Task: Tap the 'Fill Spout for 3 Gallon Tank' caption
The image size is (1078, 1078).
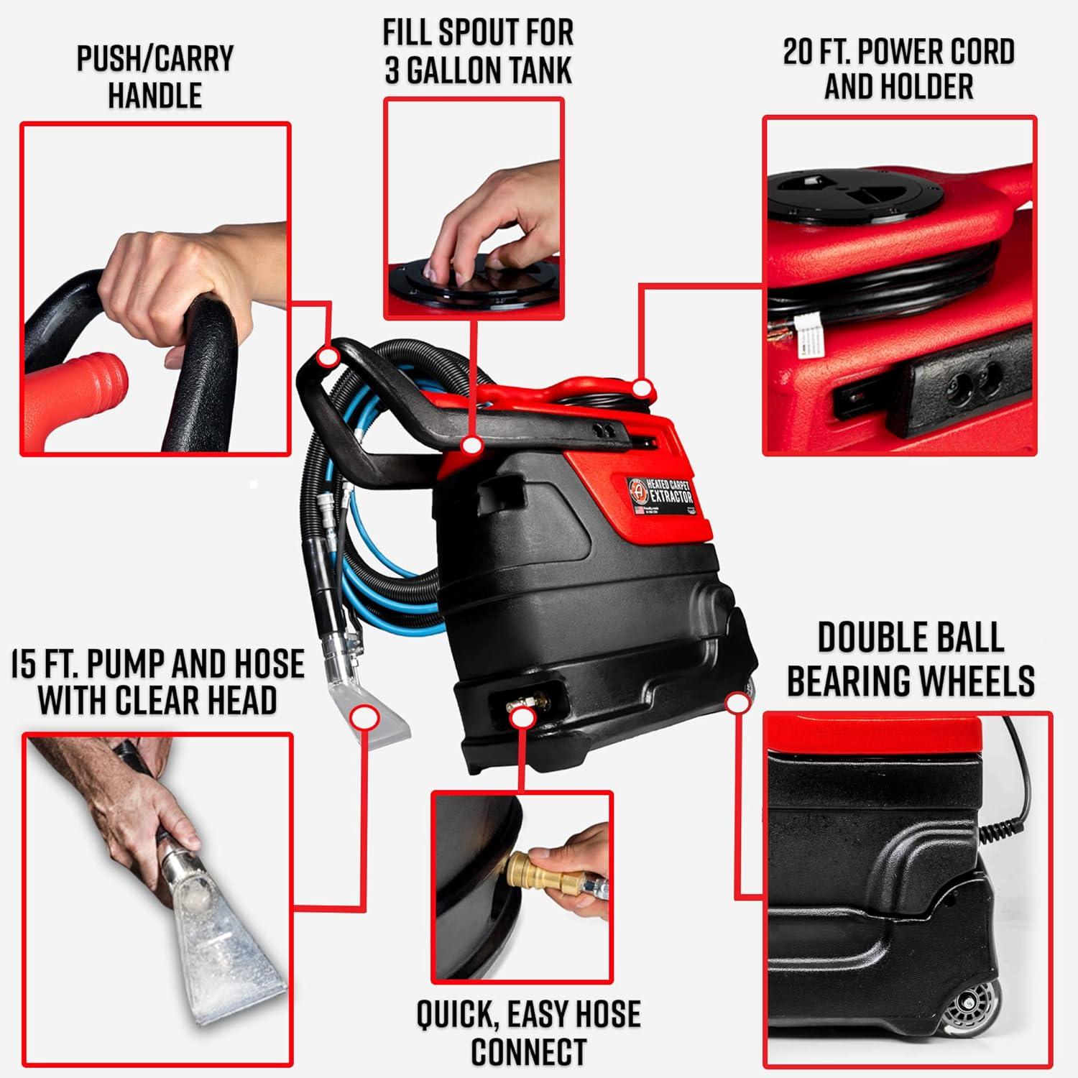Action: click(x=478, y=52)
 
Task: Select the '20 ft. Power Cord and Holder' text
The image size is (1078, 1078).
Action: click(x=898, y=68)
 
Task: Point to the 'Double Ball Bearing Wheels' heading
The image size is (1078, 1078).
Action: click(x=911, y=658)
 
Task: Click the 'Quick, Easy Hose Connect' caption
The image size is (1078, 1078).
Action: click(x=528, y=1032)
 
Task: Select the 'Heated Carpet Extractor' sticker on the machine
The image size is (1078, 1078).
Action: click(x=660, y=495)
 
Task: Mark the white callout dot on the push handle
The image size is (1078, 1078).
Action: click(x=328, y=356)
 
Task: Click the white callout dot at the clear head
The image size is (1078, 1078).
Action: click(x=366, y=717)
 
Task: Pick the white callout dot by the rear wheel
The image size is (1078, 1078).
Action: click(x=736, y=702)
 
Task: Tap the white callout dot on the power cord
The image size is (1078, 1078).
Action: click(x=642, y=389)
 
